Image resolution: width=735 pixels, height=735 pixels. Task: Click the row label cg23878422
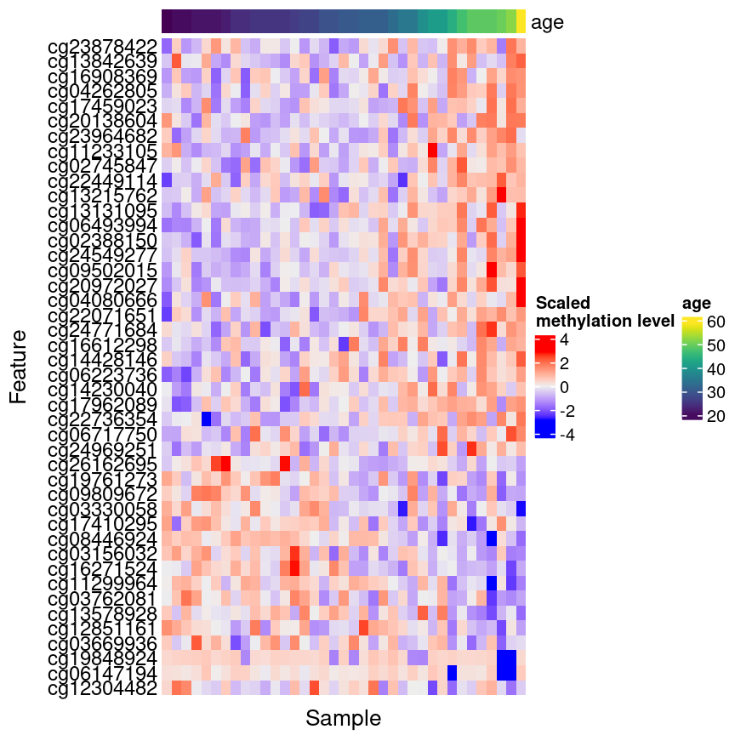[102, 45]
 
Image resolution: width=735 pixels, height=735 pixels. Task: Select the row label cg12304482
[102, 688]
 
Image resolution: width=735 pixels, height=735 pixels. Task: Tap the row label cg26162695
[102, 464]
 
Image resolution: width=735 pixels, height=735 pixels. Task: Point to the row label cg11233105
[102, 150]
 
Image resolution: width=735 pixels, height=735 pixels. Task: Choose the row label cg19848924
[102, 658]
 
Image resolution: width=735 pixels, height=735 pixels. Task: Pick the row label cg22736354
[102, 419]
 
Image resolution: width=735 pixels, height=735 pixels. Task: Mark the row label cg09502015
[102, 270]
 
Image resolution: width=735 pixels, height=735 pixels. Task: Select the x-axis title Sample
[344, 718]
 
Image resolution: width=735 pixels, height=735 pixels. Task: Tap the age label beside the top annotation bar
[547, 23]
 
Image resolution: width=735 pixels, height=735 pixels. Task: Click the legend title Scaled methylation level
[605, 312]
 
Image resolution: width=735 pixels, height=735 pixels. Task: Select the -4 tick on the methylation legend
[566, 435]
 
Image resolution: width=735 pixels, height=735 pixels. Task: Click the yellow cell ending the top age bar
[521, 22]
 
